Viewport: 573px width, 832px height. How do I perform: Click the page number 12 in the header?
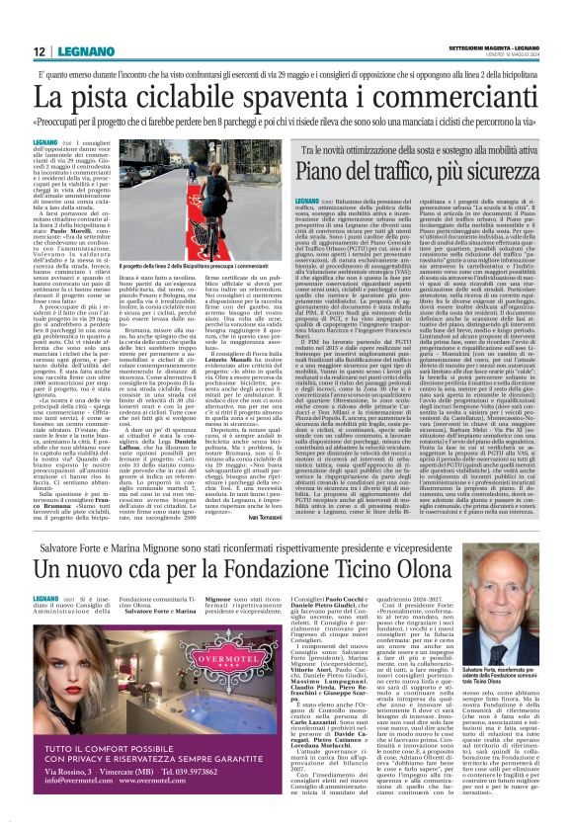pos(39,50)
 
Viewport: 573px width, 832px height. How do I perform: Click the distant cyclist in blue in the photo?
pos(179,188)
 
